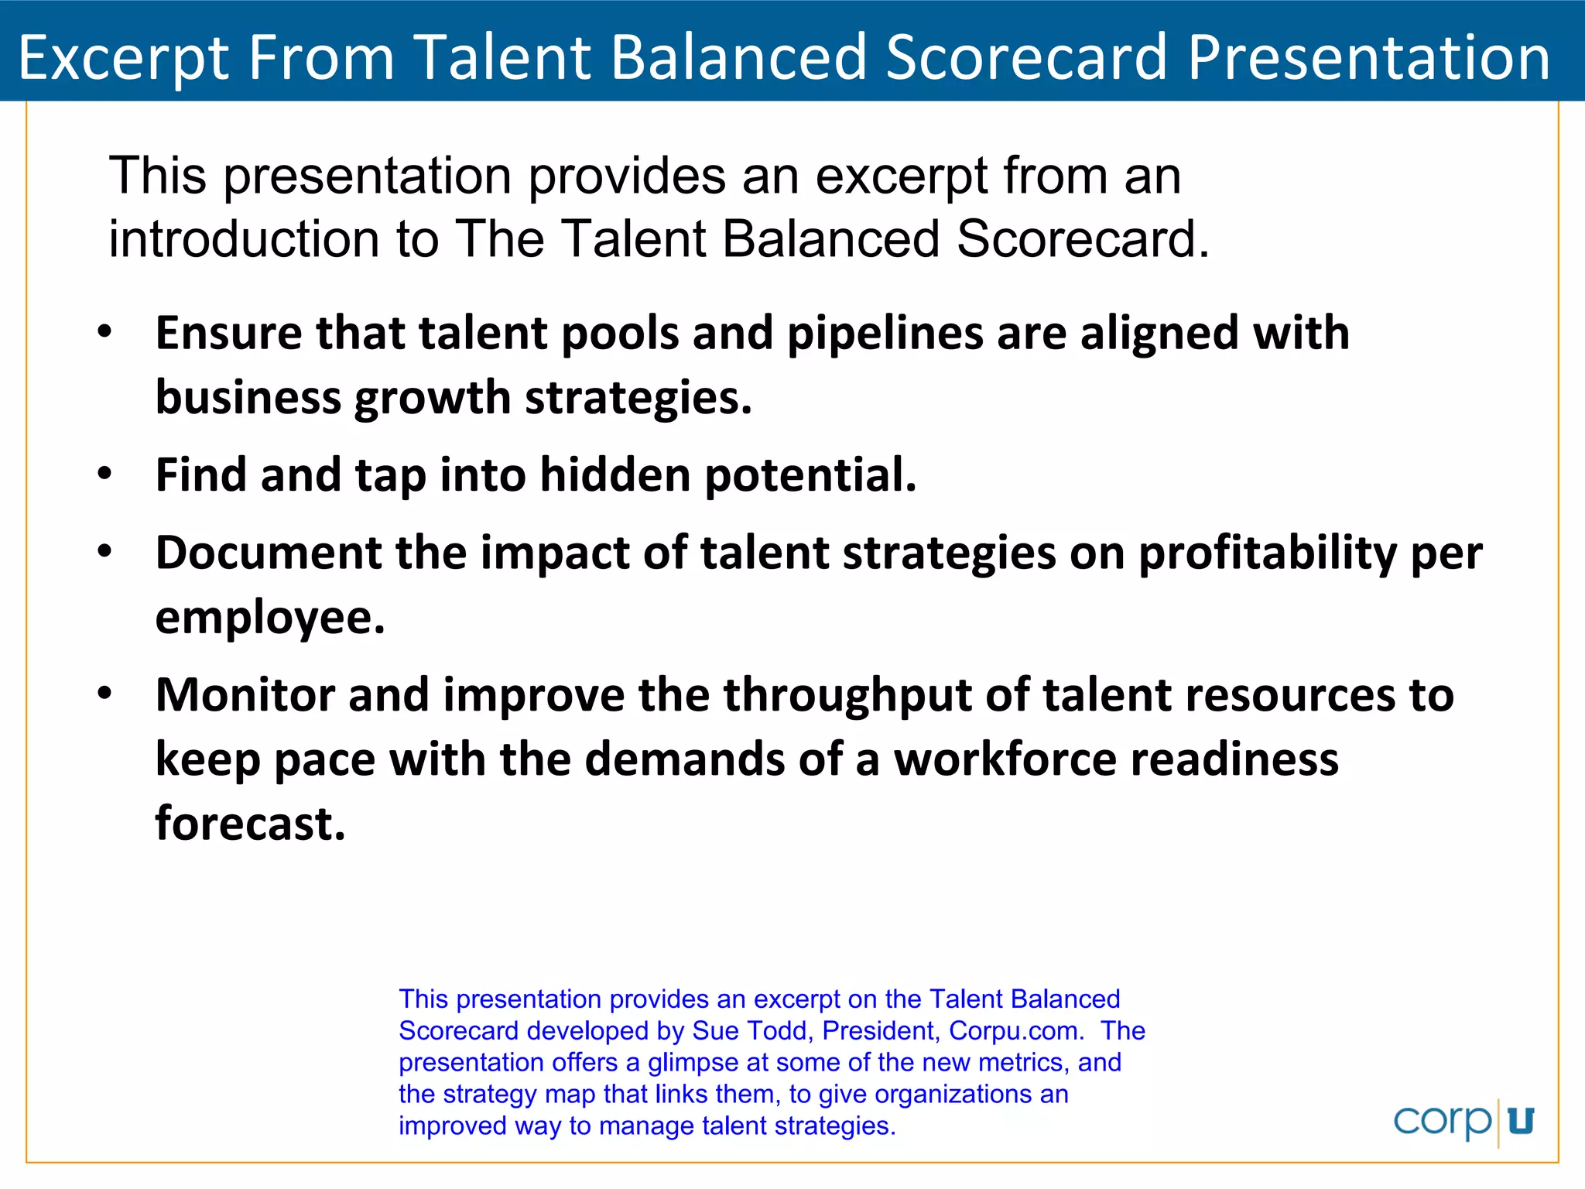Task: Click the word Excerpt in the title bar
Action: coord(124,58)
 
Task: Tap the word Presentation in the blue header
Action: coord(1368,58)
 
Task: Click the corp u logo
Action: coord(1463,1121)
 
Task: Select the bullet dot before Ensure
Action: coord(105,333)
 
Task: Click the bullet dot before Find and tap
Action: coord(105,474)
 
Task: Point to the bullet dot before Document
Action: coord(105,552)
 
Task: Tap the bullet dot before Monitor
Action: coord(105,694)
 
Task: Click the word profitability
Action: coord(1267,554)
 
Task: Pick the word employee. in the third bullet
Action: coord(270,619)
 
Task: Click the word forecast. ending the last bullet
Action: coord(250,823)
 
